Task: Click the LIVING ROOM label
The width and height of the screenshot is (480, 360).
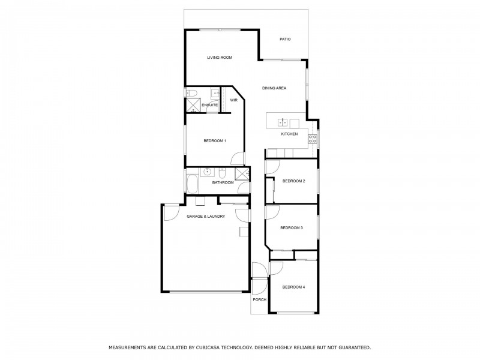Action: tap(219, 58)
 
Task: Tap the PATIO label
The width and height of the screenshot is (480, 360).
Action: tap(285, 40)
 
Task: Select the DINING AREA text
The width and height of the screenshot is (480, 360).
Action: tap(274, 88)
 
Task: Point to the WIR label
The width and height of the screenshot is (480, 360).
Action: tap(233, 100)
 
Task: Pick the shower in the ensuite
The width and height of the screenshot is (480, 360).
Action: tap(193, 106)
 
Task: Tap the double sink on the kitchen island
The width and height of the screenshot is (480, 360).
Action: tap(283, 122)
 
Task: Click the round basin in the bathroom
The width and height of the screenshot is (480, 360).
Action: tap(208, 172)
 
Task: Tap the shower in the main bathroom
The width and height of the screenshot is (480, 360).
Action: tap(242, 173)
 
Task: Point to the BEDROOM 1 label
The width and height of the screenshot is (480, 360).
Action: tap(214, 141)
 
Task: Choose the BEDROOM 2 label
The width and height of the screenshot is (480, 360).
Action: tap(294, 181)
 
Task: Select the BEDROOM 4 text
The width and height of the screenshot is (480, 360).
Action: tap(293, 287)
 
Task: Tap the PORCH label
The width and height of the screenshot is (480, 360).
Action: tap(259, 299)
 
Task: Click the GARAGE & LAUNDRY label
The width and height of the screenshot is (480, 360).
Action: tap(206, 216)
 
